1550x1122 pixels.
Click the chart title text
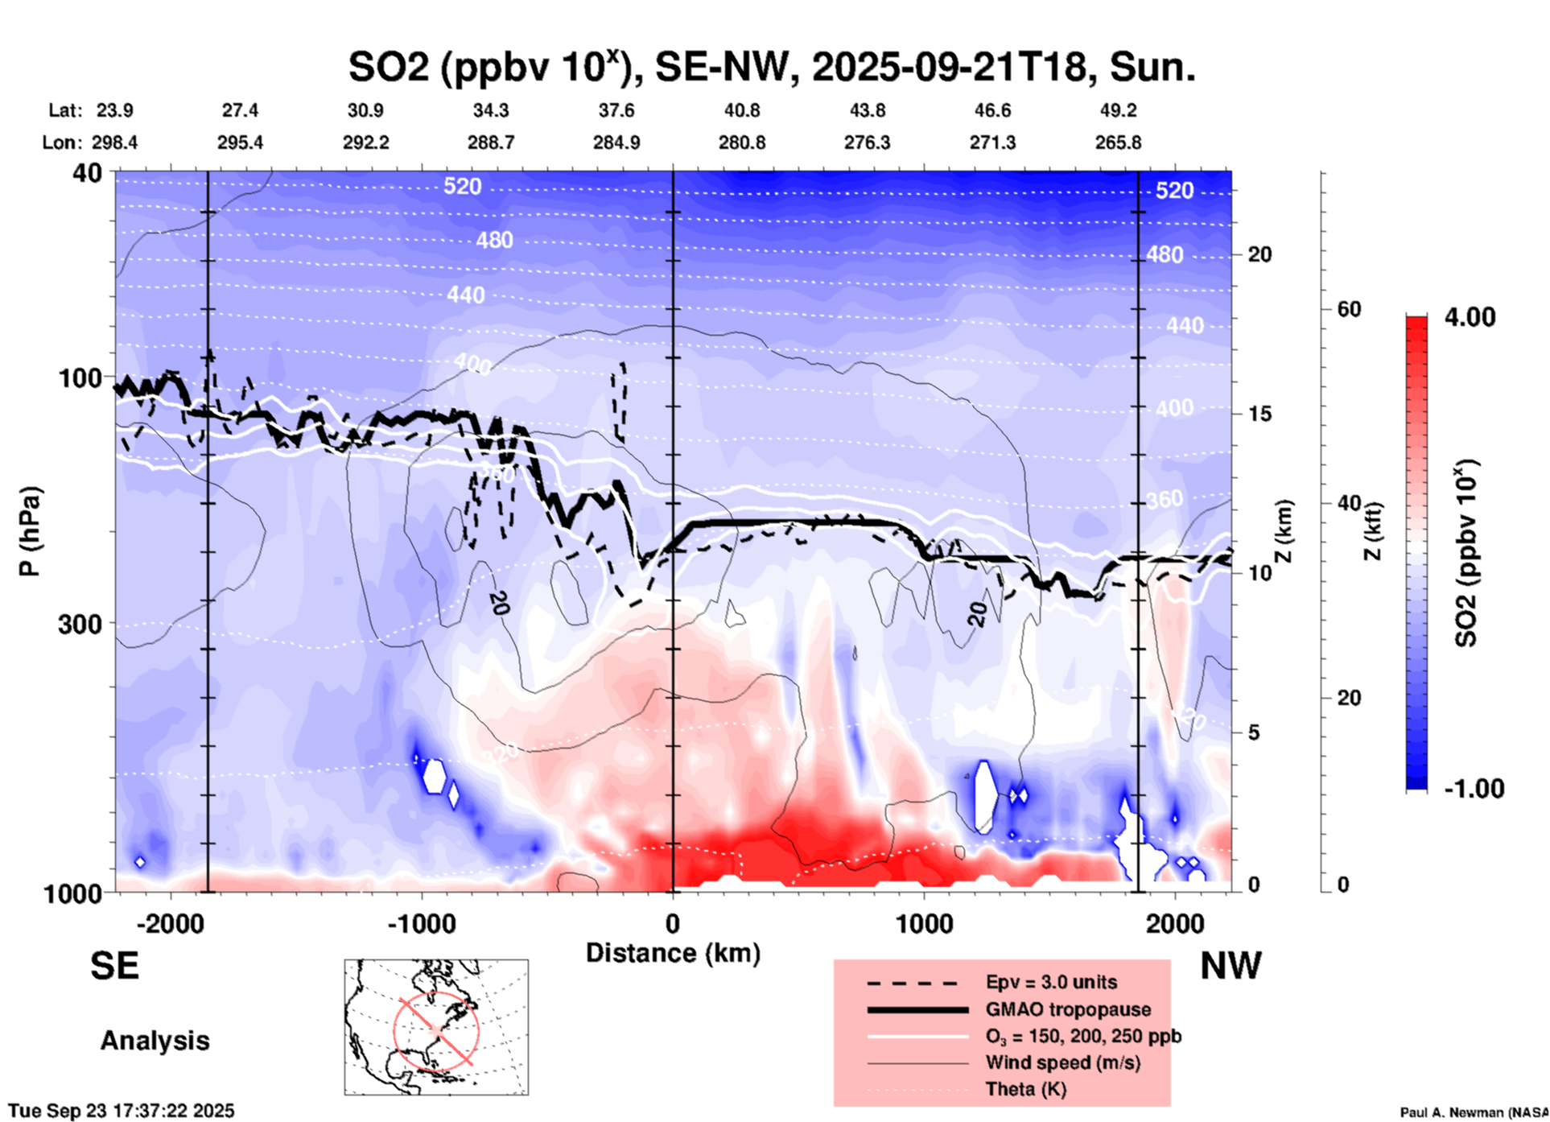pos(771,68)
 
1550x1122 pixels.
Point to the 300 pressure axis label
pos(80,624)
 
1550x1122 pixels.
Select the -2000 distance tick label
pos(170,923)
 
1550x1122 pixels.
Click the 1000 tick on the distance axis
pos(924,923)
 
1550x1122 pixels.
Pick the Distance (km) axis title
pos(673,953)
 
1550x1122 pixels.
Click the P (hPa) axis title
pos(30,531)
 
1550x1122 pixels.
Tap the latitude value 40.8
pos(741,110)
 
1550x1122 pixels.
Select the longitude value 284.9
pos(616,142)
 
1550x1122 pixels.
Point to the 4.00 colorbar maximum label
pos(1470,316)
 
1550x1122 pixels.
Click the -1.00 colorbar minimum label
pos(1474,788)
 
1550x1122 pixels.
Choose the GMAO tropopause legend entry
pos(1068,1009)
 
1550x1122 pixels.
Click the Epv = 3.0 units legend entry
pos(1051,982)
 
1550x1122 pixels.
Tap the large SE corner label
pos(114,966)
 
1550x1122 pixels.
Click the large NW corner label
pos(1231,966)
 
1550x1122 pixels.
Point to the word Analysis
pos(155,1041)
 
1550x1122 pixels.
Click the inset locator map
pos(436,1026)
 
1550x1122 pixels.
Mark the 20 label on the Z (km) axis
pos(1259,254)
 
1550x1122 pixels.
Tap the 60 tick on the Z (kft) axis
pos(1349,309)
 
